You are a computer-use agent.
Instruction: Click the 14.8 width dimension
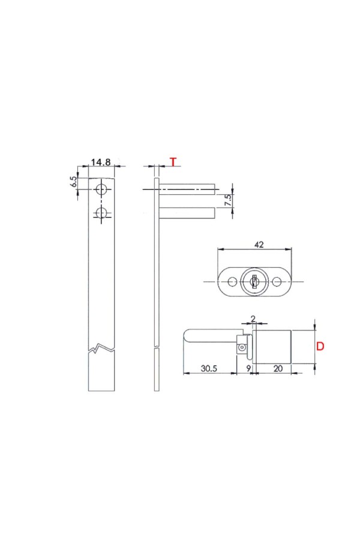coord(101,162)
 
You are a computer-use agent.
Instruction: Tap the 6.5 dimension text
coord(73,181)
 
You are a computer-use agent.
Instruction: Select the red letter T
coord(173,162)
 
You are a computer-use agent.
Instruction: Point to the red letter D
coord(320,346)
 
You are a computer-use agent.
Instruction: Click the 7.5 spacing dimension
coord(228,200)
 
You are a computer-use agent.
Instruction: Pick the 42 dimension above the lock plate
coord(259,245)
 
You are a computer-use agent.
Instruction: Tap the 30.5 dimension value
coord(209,368)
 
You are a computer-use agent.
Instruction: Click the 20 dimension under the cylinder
coord(278,368)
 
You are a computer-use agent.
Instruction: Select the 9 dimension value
coord(248,368)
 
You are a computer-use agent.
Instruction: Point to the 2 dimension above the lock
coord(253,319)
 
